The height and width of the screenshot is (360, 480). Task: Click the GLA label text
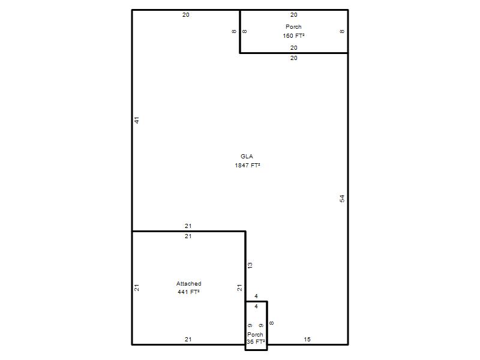point(247,157)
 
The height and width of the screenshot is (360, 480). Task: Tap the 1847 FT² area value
point(247,166)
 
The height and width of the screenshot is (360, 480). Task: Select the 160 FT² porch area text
point(293,36)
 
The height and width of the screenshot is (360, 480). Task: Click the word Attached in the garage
point(188,283)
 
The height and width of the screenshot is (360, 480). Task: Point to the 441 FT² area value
point(188,292)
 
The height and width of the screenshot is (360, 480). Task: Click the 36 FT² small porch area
point(256,342)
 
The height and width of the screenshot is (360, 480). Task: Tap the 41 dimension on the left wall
point(137,121)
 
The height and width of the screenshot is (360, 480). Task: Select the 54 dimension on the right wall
point(342,199)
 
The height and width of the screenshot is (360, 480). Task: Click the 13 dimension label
point(250,265)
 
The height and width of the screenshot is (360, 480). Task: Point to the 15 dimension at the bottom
point(307,339)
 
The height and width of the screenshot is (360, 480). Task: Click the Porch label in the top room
point(293,27)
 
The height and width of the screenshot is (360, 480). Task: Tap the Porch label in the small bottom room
point(255,335)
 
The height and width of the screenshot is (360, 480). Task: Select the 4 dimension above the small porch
point(256,296)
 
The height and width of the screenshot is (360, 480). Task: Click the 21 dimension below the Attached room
point(188,339)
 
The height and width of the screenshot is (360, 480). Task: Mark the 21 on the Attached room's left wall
point(137,288)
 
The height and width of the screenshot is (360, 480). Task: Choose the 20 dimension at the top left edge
point(186,14)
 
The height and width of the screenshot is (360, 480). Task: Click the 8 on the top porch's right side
point(342,31)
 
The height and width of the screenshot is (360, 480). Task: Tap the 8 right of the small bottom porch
point(272,323)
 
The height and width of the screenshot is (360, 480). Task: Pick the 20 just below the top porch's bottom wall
point(293,58)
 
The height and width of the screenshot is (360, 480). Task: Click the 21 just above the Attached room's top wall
point(188,226)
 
